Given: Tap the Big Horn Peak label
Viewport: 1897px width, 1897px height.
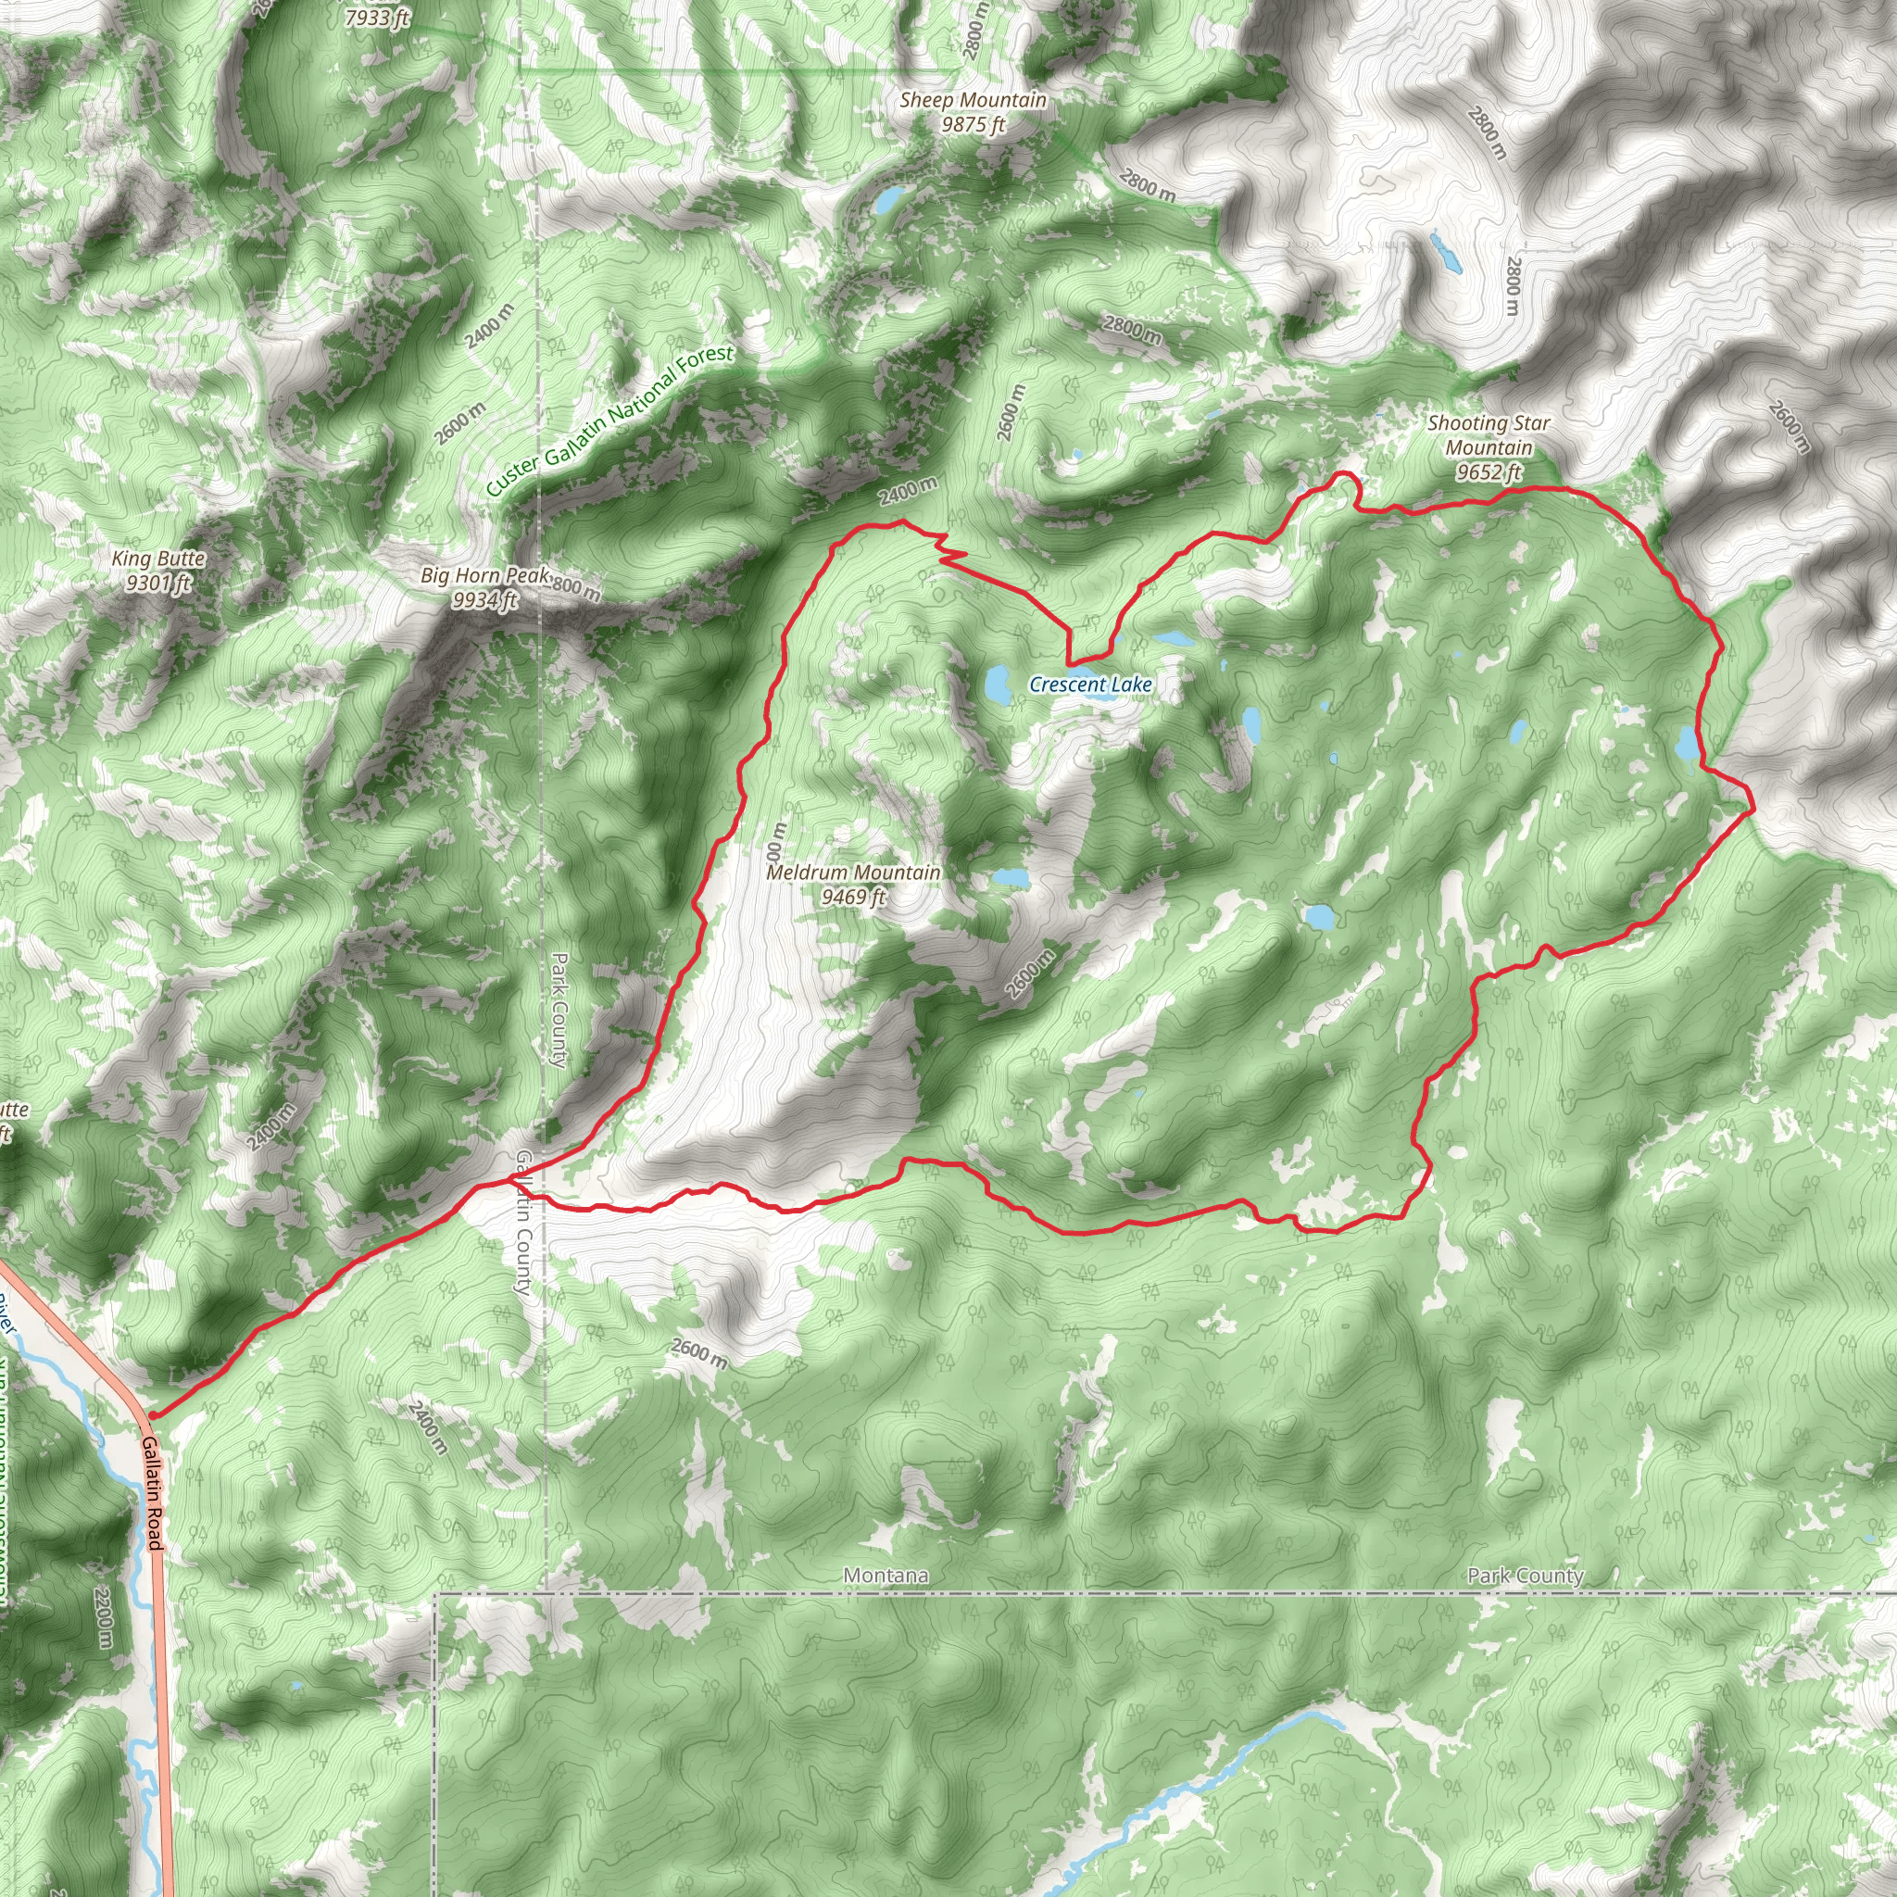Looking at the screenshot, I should pyautogui.click(x=484, y=575).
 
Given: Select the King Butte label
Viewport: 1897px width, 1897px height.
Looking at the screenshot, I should pyautogui.click(x=158, y=559).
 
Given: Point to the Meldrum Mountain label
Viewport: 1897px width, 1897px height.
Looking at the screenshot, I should pyautogui.click(x=852, y=872).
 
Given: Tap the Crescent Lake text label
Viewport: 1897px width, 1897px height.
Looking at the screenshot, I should pyautogui.click(x=1090, y=685).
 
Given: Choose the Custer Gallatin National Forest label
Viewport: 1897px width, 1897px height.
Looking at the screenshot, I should pyautogui.click(x=609, y=421).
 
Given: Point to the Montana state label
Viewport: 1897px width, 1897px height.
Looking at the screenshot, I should pyautogui.click(x=885, y=1575).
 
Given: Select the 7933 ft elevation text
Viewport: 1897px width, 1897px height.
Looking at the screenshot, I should pyautogui.click(x=376, y=18).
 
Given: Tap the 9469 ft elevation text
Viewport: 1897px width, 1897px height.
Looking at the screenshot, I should pyautogui.click(x=852, y=897).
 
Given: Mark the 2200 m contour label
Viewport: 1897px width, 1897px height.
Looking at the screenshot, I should pyautogui.click(x=104, y=1618).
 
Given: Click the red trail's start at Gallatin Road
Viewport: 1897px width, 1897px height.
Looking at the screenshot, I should pyautogui.click(x=152, y=1416).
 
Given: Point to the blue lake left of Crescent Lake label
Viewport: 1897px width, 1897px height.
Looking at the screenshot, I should pyautogui.click(x=998, y=685).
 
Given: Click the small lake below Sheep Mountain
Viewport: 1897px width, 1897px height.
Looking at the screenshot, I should pyautogui.click(x=888, y=200).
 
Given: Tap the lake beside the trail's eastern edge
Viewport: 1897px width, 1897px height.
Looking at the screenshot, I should pyautogui.click(x=1686, y=743).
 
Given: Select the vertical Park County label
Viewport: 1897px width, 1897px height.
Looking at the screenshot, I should pyautogui.click(x=559, y=1010).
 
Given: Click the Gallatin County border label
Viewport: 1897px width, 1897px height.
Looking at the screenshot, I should pyautogui.click(x=523, y=1223).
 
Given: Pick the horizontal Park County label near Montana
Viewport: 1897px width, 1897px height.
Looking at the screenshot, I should pyautogui.click(x=1524, y=1575).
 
